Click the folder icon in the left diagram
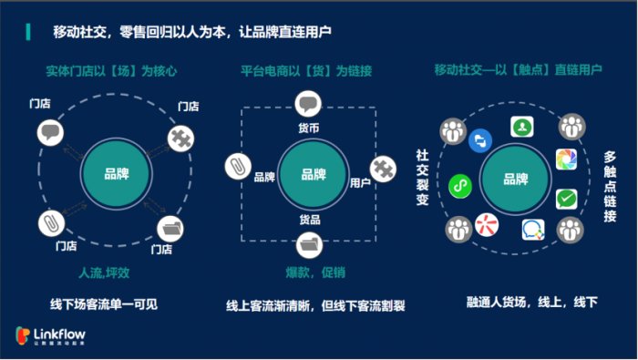click(x=170, y=227)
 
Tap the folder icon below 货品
click(x=310, y=243)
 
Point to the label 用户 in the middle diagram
click(x=360, y=182)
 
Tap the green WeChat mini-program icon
click(x=460, y=186)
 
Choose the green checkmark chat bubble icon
click(x=567, y=198)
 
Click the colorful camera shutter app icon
click(x=567, y=160)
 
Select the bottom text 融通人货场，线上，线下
click(x=519, y=302)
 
